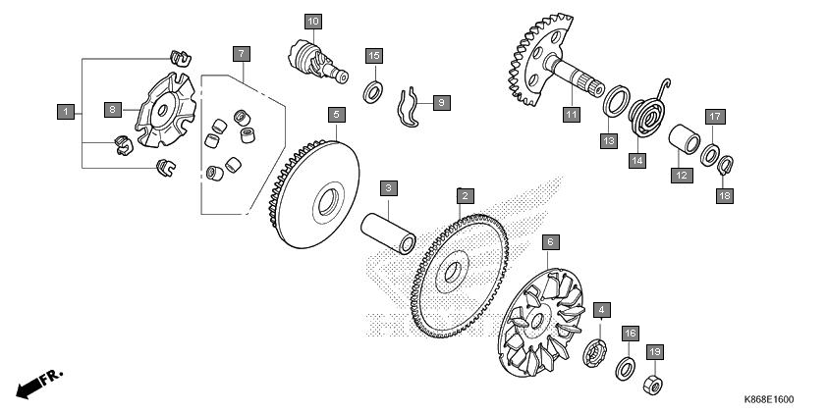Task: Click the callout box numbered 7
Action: point(241,54)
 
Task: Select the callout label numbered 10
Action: point(313,22)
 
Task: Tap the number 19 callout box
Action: point(654,352)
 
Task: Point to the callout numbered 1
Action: point(66,112)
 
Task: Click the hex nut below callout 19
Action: point(653,386)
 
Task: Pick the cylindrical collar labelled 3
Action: point(388,232)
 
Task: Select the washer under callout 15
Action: point(373,92)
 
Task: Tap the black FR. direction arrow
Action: point(38,383)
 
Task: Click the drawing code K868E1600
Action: point(768,399)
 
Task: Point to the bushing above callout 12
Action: point(684,139)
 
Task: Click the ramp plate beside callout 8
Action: point(165,110)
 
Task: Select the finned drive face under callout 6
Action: point(540,322)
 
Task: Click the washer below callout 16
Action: point(625,368)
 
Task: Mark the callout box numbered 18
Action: point(725,195)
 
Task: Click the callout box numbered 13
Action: point(609,140)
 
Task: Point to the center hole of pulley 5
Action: point(328,202)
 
